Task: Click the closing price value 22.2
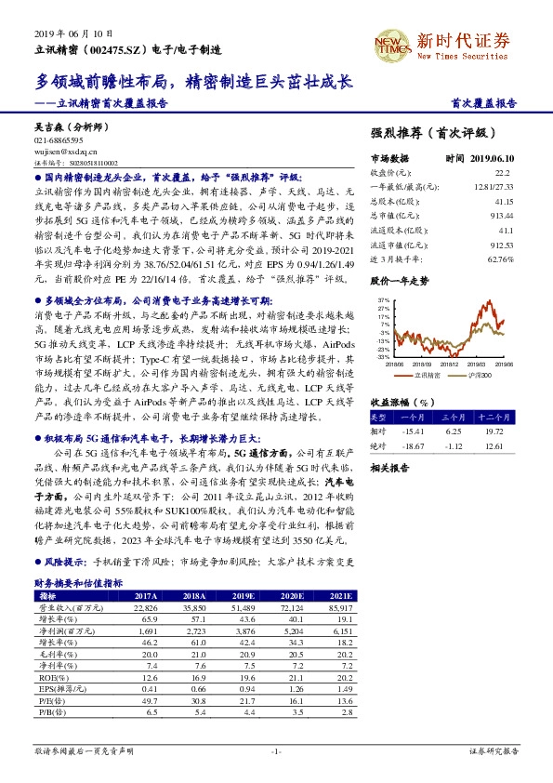(x=504, y=172)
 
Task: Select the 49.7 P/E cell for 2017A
(x=148, y=700)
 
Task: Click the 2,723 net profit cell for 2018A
(x=193, y=630)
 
